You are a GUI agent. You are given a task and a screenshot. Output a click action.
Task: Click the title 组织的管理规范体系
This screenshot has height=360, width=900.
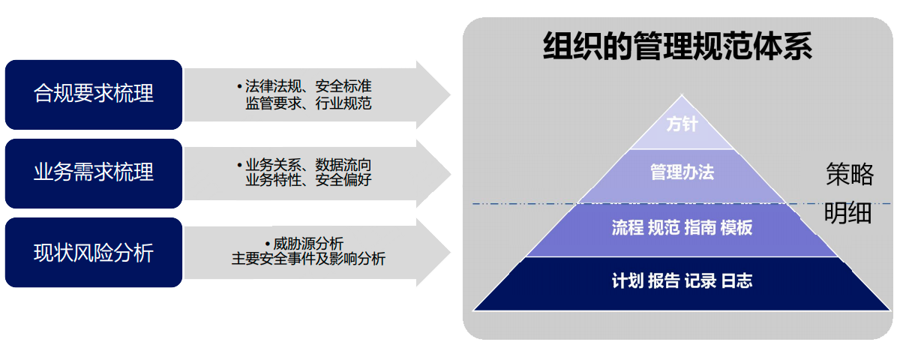pos(677,46)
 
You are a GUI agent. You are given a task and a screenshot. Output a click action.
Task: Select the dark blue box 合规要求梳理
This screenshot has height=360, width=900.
pos(94,94)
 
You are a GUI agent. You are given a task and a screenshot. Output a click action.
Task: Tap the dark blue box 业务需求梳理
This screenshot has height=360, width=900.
pos(94,172)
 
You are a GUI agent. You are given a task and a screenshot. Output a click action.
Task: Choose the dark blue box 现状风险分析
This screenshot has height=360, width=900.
pos(94,253)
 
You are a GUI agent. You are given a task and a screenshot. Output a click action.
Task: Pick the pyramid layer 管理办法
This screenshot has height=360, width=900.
pos(682,173)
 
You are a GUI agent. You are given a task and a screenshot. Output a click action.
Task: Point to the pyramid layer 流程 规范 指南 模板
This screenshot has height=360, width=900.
pos(682,229)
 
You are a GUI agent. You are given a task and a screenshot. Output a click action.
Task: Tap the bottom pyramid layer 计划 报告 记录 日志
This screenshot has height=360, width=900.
pos(682,282)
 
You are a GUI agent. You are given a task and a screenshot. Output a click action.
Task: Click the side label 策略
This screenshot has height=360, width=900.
pos(850,175)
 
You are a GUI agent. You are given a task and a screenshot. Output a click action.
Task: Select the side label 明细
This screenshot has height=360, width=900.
pos(848,214)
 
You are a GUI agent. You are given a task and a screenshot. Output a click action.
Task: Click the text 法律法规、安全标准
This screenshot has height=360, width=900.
pos(308,86)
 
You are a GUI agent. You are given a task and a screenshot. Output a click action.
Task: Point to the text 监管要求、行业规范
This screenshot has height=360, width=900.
pos(308,103)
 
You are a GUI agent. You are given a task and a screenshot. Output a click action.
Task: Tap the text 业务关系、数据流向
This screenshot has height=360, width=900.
pos(308,164)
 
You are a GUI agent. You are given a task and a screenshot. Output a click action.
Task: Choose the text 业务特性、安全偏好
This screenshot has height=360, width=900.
pos(308,180)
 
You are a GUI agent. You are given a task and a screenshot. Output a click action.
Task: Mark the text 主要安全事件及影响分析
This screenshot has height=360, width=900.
pos(308,259)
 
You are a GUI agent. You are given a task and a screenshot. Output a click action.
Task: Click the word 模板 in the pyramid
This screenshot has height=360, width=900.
pos(736,229)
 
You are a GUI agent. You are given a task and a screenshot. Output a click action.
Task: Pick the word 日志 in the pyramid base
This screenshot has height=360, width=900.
pos(736,282)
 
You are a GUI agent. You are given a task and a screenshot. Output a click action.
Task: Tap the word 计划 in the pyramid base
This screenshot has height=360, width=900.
pos(627,282)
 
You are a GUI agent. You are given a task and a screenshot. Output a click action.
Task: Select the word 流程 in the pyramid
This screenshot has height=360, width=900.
pos(628,229)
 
